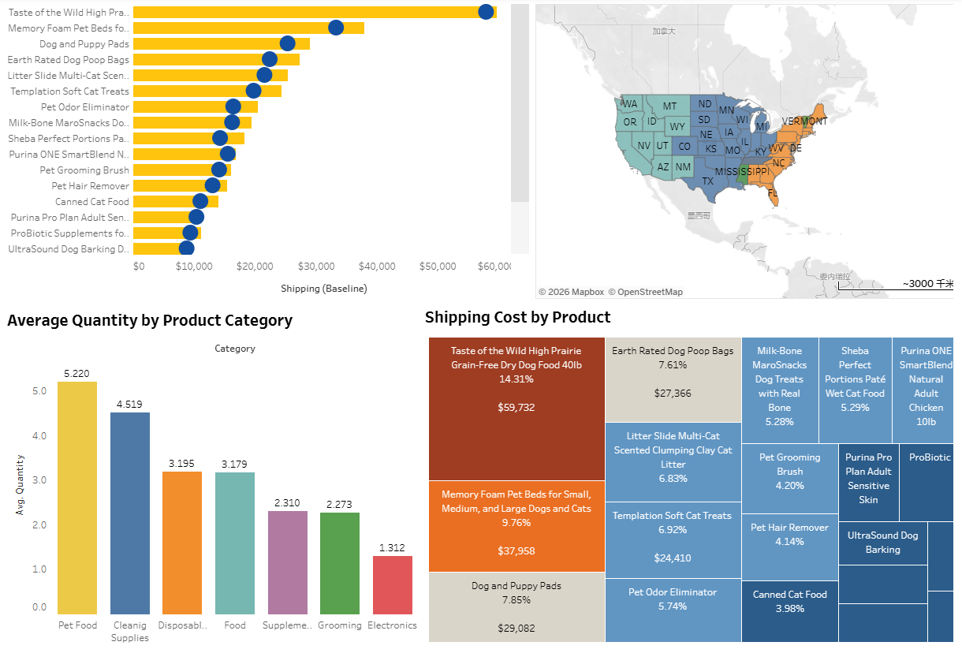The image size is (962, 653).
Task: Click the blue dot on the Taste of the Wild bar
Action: [486, 12]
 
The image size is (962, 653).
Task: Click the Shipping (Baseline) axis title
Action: [323, 289]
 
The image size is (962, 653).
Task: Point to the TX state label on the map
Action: [707, 181]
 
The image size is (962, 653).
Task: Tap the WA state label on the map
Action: [629, 104]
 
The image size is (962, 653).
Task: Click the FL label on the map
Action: [772, 193]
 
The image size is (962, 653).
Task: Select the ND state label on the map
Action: [704, 104]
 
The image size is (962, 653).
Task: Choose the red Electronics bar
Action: [392, 584]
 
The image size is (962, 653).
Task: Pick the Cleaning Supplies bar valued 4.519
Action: [129, 513]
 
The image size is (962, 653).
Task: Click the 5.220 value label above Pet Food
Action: [76, 373]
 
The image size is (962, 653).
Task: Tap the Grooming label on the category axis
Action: [340, 625]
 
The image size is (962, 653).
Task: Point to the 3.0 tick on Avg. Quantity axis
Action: [39, 480]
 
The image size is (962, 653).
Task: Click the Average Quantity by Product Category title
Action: [150, 320]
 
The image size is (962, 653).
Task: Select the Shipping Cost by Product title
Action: [517, 317]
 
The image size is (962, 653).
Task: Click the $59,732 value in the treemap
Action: [516, 408]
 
